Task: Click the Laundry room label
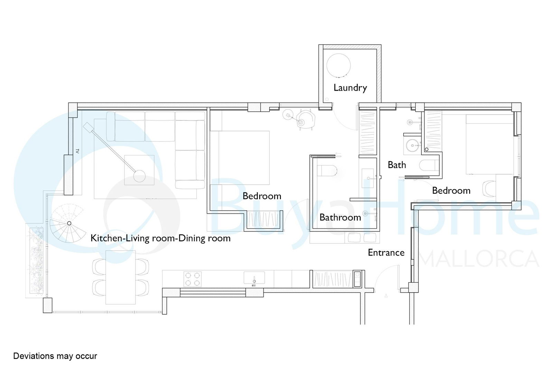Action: pyautogui.click(x=350, y=88)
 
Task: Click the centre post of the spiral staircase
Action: pyautogui.click(x=69, y=223)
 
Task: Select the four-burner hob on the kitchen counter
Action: pyautogui.click(x=192, y=279)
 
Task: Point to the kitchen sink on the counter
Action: pyautogui.click(x=254, y=278)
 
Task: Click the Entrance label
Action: pyautogui.click(x=386, y=253)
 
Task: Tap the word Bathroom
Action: pyautogui.click(x=340, y=217)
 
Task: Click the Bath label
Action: pyautogui.click(x=397, y=165)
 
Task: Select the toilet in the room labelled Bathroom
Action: pyautogui.click(x=327, y=170)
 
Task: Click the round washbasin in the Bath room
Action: pyautogui.click(x=413, y=145)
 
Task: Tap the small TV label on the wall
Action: pyautogui.click(x=77, y=151)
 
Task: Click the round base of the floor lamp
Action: pyautogui.click(x=139, y=176)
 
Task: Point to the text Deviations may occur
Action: pyautogui.click(x=55, y=356)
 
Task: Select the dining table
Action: pyautogui.click(x=121, y=277)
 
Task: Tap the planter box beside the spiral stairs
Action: pyautogui.click(x=37, y=260)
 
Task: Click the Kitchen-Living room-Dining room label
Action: pyautogui.click(x=160, y=238)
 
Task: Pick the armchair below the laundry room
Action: pyautogui.click(x=306, y=119)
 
